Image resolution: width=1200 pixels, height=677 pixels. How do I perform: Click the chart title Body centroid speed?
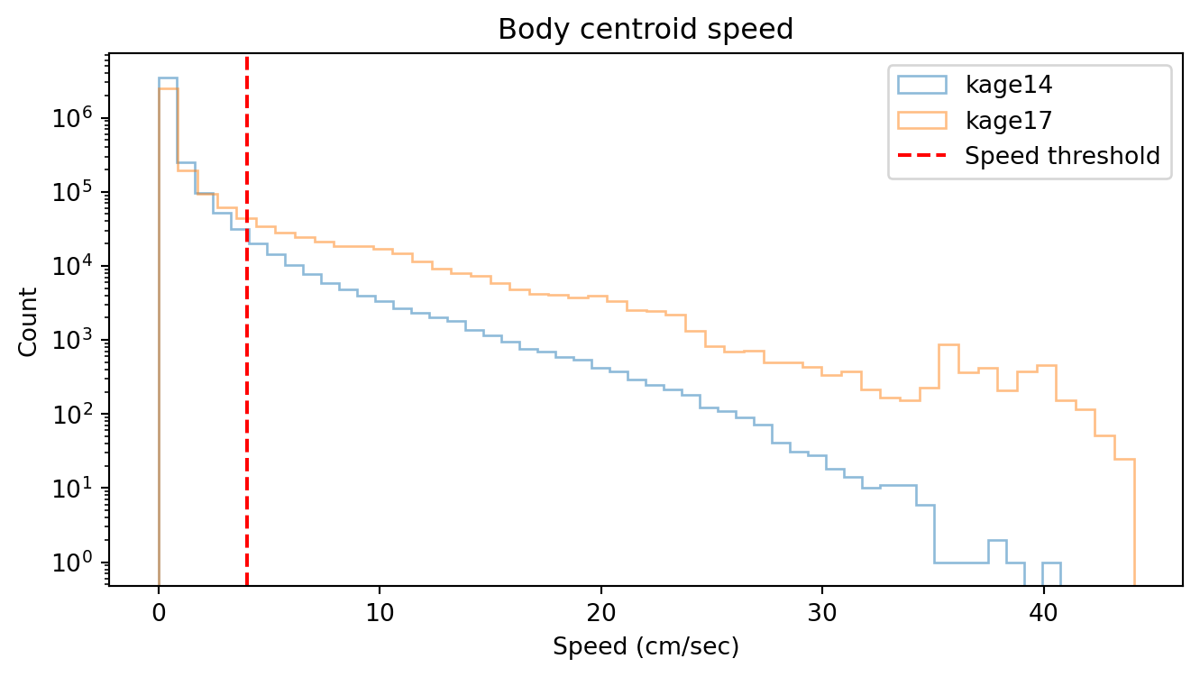click(646, 30)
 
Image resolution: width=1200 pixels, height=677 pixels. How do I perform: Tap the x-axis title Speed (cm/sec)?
click(646, 647)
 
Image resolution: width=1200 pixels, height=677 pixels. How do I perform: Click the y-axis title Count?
click(29, 322)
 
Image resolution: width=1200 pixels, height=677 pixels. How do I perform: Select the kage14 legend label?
click(1009, 85)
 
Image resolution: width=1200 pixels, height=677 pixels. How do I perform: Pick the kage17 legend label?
click(1009, 120)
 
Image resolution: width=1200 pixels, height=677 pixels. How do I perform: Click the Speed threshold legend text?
click(1062, 156)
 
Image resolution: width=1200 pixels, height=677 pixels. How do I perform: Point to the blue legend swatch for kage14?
click(921, 85)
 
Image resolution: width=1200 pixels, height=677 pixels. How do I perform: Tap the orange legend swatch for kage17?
click(921, 120)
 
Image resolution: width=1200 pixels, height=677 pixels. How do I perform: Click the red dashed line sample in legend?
click(921, 156)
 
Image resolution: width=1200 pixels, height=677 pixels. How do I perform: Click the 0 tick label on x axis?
click(159, 611)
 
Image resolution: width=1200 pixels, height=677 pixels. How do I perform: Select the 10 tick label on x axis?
click(380, 611)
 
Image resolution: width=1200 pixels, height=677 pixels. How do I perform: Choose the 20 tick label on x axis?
click(601, 611)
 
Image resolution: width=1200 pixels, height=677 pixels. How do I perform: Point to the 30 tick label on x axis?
click(822, 611)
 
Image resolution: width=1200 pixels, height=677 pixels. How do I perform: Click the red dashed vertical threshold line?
click(247, 361)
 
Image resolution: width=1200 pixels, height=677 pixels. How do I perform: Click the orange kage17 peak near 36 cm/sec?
click(948, 345)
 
